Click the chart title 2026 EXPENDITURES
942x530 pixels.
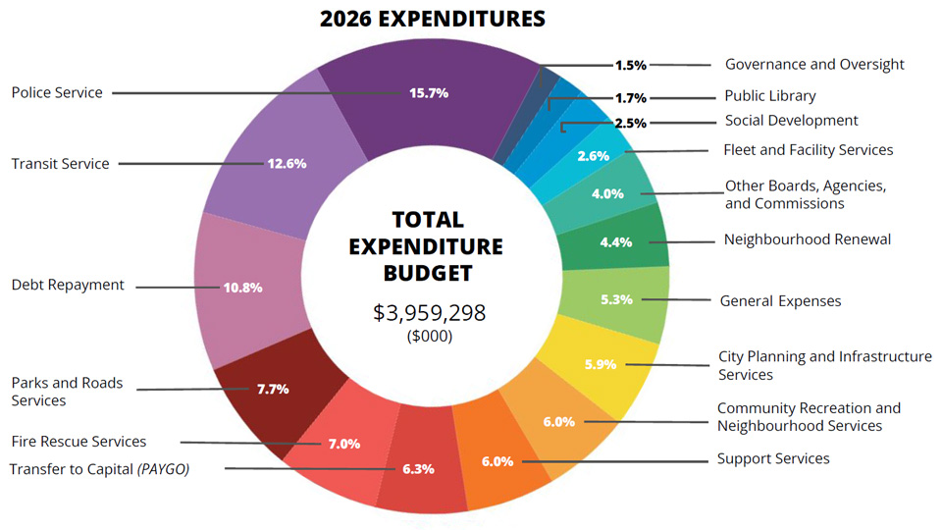click(432, 19)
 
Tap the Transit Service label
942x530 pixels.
click(60, 164)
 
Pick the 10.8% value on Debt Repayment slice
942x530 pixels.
click(243, 288)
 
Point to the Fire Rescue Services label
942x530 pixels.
click(78, 442)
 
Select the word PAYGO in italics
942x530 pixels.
click(163, 469)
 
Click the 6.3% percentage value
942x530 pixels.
click(418, 469)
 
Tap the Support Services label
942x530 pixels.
click(772, 458)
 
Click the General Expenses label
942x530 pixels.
click(780, 301)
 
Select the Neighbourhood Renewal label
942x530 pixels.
click(807, 239)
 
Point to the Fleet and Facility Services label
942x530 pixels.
click(808, 150)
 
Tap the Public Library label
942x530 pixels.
click(769, 96)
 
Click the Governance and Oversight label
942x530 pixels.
click(814, 65)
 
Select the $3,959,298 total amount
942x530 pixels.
click(429, 313)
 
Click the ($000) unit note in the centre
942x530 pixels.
click(430, 336)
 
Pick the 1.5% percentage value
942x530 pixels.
click(630, 66)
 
